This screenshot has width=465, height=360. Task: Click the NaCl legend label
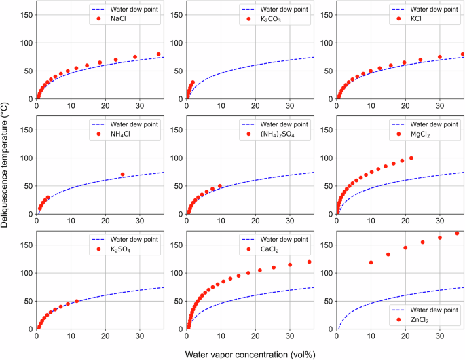pos(118,20)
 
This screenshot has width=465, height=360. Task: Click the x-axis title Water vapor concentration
pos(250,353)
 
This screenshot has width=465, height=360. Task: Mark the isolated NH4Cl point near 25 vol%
pos(122,175)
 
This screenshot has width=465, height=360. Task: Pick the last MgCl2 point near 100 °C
pos(411,158)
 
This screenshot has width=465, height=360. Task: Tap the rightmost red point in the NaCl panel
pos(159,54)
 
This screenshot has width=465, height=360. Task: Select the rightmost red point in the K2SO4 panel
pos(77,301)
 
